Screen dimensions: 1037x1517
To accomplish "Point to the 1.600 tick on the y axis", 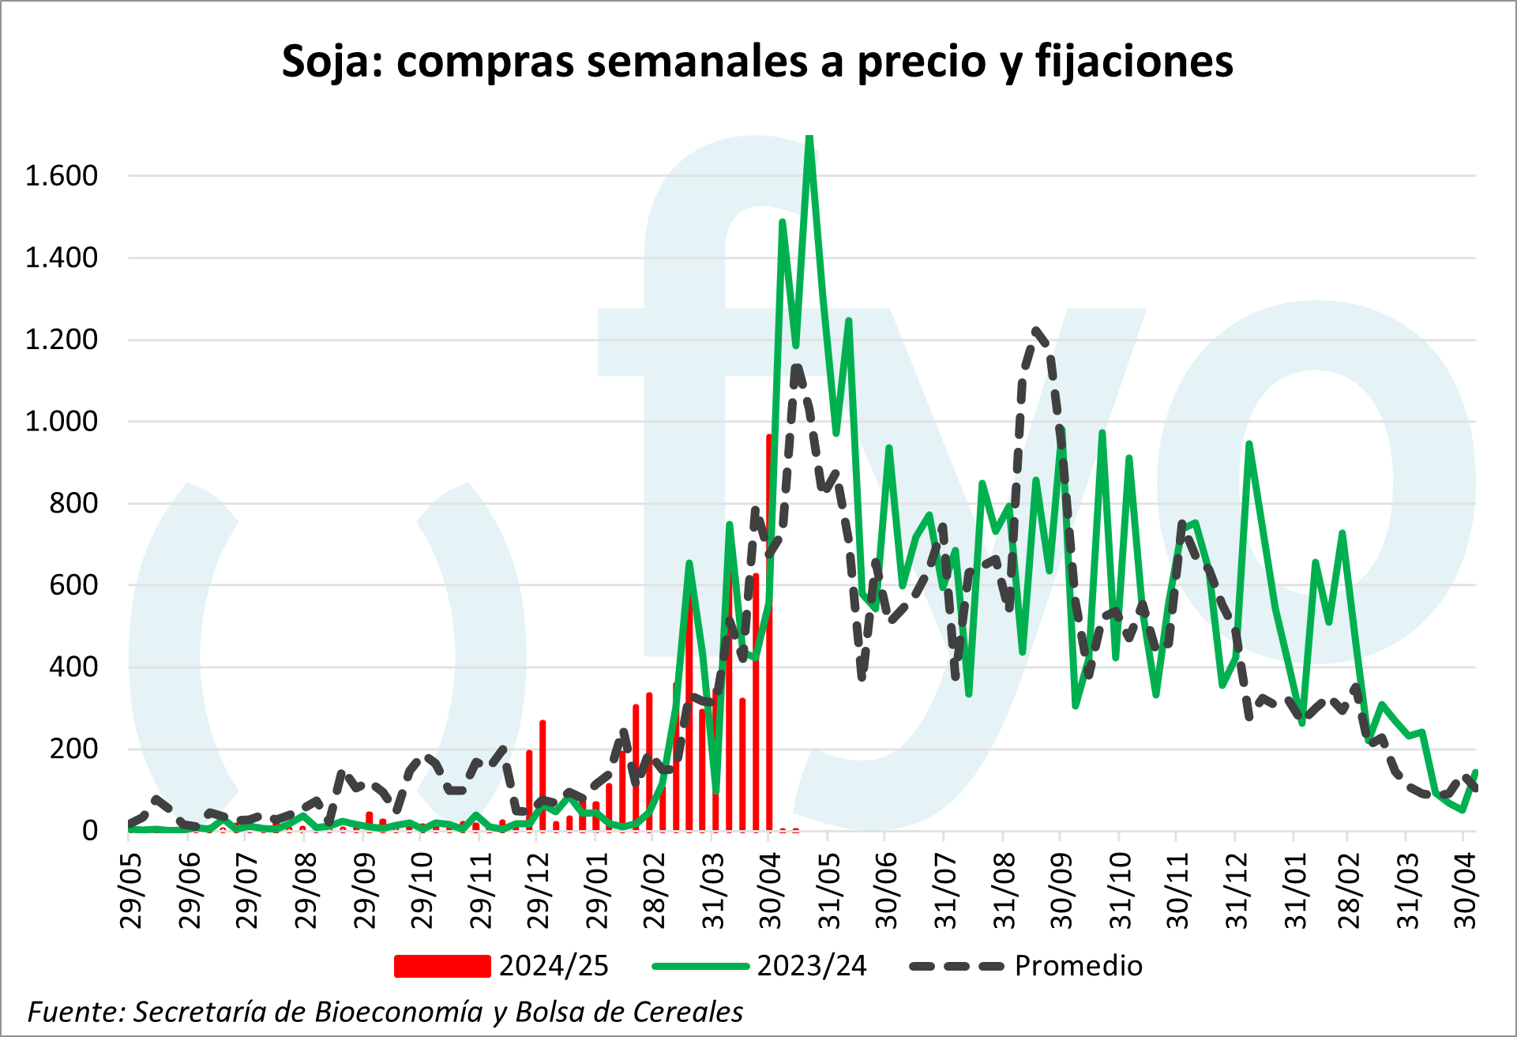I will click(x=62, y=175).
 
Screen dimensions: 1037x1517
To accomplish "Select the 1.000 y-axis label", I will click(x=62, y=421).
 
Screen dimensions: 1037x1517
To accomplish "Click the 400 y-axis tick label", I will click(x=73, y=667).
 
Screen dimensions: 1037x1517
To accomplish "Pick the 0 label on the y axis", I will click(x=89, y=831).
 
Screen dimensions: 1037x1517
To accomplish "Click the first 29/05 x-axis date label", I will click(x=132, y=891).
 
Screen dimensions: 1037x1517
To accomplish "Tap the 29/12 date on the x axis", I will click(x=539, y=891).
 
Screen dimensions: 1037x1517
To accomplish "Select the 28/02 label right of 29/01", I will click(x=655, y=891).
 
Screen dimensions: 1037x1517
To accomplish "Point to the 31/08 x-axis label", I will click(x=1005, y=891).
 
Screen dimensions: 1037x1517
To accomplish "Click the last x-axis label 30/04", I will click(x=1466, y=891).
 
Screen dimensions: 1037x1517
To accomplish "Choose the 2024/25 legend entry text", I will click(x=554, y=966).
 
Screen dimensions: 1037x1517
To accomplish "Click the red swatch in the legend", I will click(x=442, y=966).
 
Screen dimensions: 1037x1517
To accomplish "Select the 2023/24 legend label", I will click(x=812, y=966).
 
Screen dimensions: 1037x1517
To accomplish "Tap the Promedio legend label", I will click(x=1079, y=966).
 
